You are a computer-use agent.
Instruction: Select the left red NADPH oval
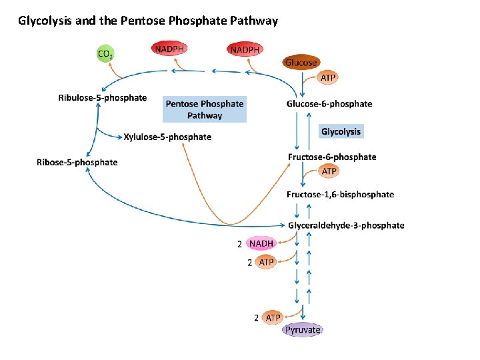[169, 49]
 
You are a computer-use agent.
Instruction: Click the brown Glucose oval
[301, 63]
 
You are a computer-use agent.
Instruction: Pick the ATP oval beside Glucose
[328, 77]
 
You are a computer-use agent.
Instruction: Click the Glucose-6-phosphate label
[329, 103]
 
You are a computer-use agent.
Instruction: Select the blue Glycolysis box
[341, 131]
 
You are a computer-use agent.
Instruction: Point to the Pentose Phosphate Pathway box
[205, 109]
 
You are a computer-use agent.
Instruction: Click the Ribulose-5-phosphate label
[103, 98]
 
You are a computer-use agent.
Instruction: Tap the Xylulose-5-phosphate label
[167, 137]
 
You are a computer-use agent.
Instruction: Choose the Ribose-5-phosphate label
[77, 162]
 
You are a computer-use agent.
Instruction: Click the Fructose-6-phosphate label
[332, 157]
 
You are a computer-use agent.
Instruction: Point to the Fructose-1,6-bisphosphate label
[340, 195]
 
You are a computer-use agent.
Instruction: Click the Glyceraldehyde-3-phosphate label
[346, 225]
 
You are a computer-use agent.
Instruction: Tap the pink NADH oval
[261, 243]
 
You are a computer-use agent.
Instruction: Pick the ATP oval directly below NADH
[266, 262]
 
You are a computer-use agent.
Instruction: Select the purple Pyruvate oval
[303, 329]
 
